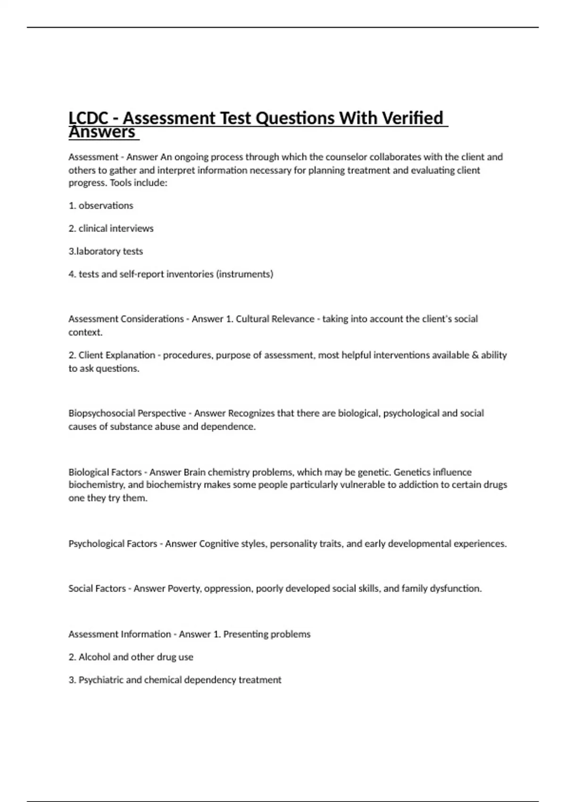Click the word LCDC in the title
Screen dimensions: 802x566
(x=88, y=118)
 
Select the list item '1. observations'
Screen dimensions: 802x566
(x=101, y=206)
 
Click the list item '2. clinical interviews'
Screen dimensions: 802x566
(x=111, y=228)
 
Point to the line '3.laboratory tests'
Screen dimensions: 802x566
(x=106, y=251)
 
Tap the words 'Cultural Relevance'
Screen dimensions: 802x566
(x=275, y=319)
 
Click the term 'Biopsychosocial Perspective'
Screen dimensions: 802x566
(x=127, y=413)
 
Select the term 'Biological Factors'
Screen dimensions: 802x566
(x=105, y=472)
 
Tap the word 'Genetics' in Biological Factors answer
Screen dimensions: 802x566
(x=411, y=472)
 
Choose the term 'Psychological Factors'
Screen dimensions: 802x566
(x=113, y=544)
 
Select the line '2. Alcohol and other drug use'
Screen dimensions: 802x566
(x=131, y=657)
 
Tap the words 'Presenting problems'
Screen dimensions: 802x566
(x=267, y=635)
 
